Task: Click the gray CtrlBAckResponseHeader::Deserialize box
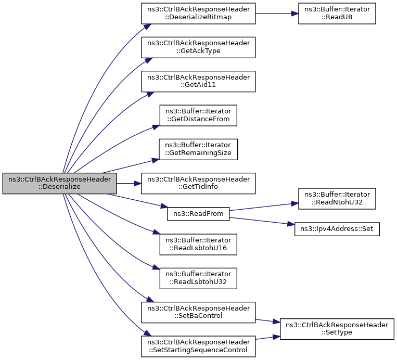tap(59, 184)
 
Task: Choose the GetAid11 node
tap(198, 82)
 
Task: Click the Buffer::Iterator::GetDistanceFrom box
tap(198, 115)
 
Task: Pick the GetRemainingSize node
tap(198, 149)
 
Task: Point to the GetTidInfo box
tap(198, 184)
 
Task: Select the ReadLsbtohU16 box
tap(198, 244)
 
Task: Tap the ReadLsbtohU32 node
tap(198, 278)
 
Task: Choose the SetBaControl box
tap(198, 312)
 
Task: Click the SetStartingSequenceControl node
tap(198, 346)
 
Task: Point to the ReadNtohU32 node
tap(337, 198)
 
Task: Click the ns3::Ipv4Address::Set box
tap(337, 229)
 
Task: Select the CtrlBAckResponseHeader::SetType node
tap(337, 329)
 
